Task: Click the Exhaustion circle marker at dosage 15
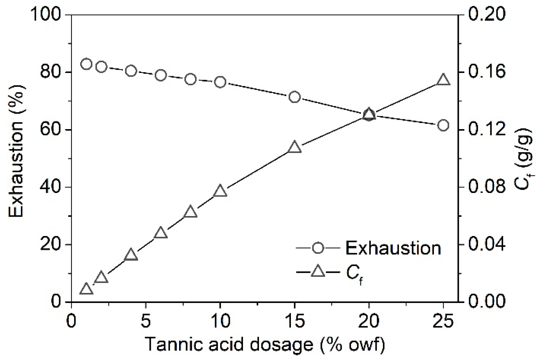tap(295, 97)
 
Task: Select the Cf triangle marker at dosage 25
tap(443, 80)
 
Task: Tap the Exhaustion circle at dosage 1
tap(86, 64)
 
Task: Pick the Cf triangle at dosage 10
tap(220, 191)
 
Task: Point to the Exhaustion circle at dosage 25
tap(443, 125)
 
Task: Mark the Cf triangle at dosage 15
tap(295, 148)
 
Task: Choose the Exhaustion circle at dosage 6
tap(161, 75)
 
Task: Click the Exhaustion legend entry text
tap(393, 248)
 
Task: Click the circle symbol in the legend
tap(318, 248)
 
